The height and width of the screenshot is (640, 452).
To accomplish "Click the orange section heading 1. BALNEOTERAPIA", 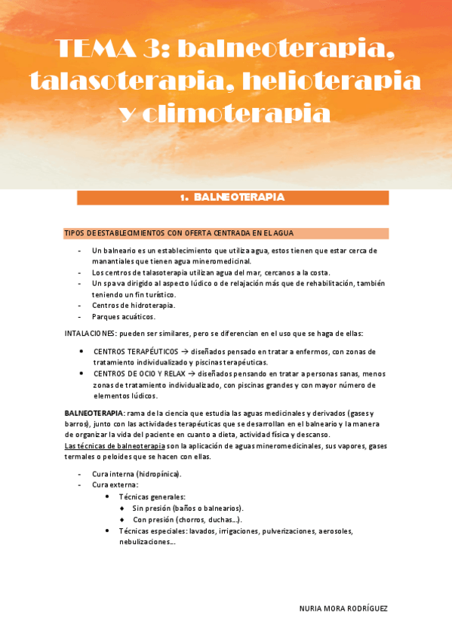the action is click(x=232, y=198).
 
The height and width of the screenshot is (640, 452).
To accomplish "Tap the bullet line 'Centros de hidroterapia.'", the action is click(x=134, y=306).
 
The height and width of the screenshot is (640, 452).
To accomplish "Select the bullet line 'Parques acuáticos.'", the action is click(x=124, y=317).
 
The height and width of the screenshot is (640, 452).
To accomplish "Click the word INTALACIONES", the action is click(x=90, y=334).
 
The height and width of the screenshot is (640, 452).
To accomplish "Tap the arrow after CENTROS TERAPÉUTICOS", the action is click(x=185, y=352).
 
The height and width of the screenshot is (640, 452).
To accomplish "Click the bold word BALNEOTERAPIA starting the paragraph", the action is click(x=94, y=414).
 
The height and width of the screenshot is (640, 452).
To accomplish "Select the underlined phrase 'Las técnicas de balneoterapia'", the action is click(x=115, y=446).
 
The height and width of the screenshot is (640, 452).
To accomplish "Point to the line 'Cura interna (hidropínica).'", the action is click(x=137, y=474).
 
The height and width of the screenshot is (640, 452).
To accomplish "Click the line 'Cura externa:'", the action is click(x=115, y=485).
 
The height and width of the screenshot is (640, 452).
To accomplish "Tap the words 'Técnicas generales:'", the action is click(x=152, y=497).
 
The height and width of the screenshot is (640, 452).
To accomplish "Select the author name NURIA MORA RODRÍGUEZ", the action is click(x=343, y=608).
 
